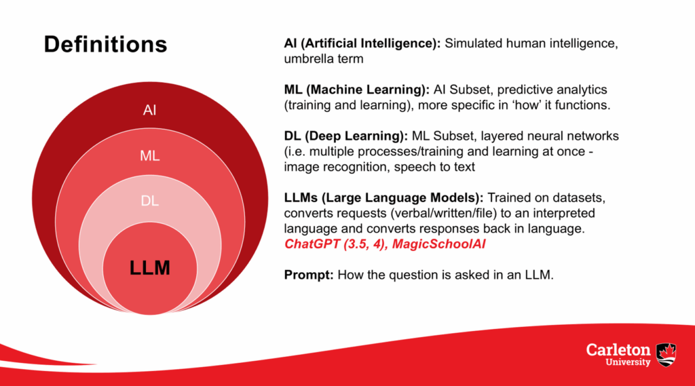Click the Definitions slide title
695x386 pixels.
point(105,44)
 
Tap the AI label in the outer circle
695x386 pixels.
point(150,110)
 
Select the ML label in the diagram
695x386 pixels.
point(150,155)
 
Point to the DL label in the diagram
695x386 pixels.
point(150,201)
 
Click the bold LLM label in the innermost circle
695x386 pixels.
point(150,268)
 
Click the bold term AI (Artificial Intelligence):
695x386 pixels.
point(362,43)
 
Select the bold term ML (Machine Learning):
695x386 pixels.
point(357,90)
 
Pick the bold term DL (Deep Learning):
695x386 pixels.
point(345,136)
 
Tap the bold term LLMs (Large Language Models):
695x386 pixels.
point(384,197)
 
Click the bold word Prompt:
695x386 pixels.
point(309,275)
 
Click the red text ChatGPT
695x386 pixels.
point(312,244)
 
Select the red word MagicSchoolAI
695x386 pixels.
point(439,244)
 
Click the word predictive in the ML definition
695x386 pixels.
point(519,90)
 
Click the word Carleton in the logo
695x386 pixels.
point(618,350)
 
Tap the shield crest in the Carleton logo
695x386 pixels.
point(666,355)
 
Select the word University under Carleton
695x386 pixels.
point(628,362)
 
